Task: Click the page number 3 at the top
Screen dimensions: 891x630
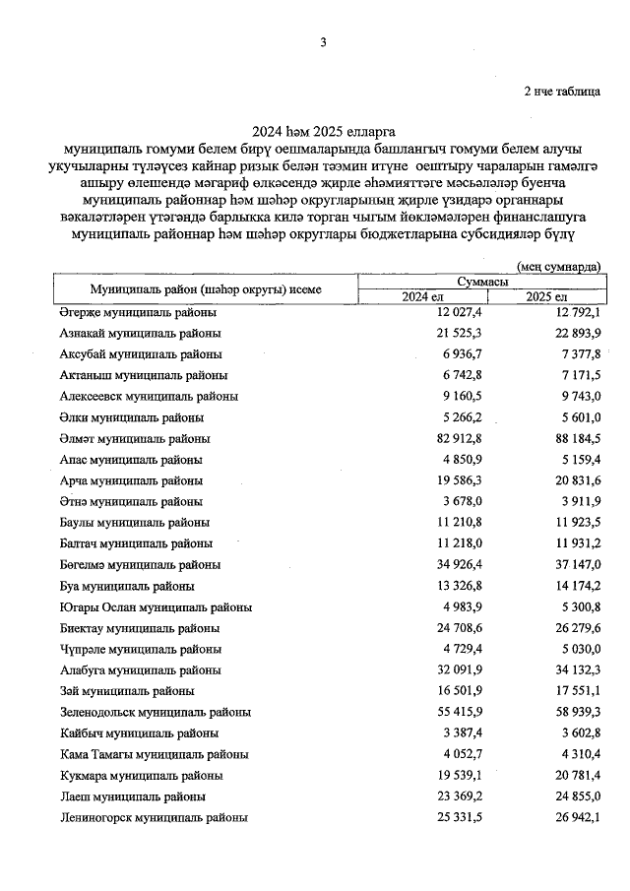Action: pos(322,41)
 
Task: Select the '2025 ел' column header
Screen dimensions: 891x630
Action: pos(546,296)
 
